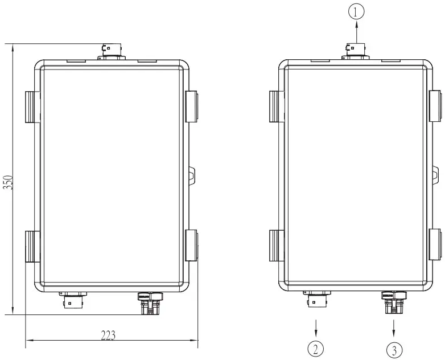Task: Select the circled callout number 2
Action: click(316, 347)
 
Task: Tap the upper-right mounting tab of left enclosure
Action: click(192, 107)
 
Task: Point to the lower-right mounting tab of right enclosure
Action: click(435, 246)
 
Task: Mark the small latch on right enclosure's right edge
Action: click(435, 174)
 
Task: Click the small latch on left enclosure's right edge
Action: click(192, 174)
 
